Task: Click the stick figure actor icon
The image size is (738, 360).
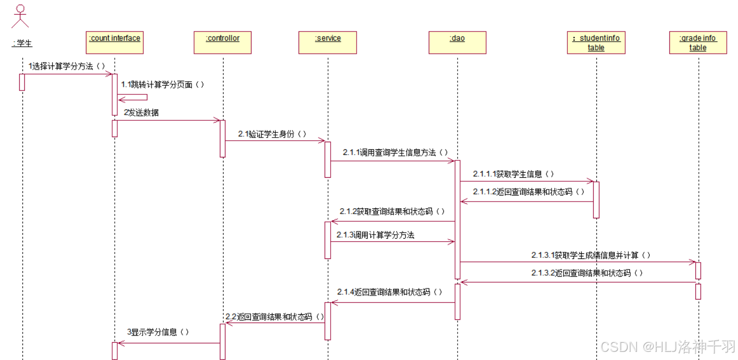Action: pyautogui.click(x=20, y=16)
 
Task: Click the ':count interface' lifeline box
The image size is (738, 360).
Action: pyautogui.click(x=114, y=43)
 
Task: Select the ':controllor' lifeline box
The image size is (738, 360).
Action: pyautogui.click(x=222, y=43)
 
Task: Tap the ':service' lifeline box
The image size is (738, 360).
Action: pyautogui.click(x=328, y=43)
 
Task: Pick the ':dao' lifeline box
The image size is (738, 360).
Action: pyautogui.click(x=457, y=43)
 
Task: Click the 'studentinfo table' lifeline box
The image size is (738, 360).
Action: pyautogui.click(x=596, y=43)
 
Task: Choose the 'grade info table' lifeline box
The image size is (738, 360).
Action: pyautogui.click(x=698, y=43)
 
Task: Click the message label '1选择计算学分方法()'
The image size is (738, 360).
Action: pyautogui.click(x=67, y=66)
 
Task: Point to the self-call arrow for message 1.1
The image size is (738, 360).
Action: pyautogui.click(x=133, y=97)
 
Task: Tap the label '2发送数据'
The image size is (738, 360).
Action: pyautogui.click(x=141, y=113)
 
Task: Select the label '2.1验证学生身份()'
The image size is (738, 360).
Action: pyautogui.click(x=272, y=134)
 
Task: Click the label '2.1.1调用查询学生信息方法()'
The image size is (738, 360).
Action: pyautogui.click(x=395, y=152)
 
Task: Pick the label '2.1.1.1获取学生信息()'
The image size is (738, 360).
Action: pyautogui.click(x=514, y=174)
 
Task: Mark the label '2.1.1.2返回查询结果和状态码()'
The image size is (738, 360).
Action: pyautogui.click(x=528, y=192)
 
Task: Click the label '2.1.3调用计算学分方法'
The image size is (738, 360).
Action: pyautogui.click(x=375, y=235)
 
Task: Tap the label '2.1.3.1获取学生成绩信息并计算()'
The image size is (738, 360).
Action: pyautogui.click(x=591, y=255)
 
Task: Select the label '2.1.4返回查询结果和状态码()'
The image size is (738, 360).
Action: pyautogui.click(x=389, y=292)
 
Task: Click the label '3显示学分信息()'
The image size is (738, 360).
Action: pyautogui.click(x=158, y=332)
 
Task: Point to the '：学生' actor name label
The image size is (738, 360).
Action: pyautogui.click(x=22, y=43)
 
